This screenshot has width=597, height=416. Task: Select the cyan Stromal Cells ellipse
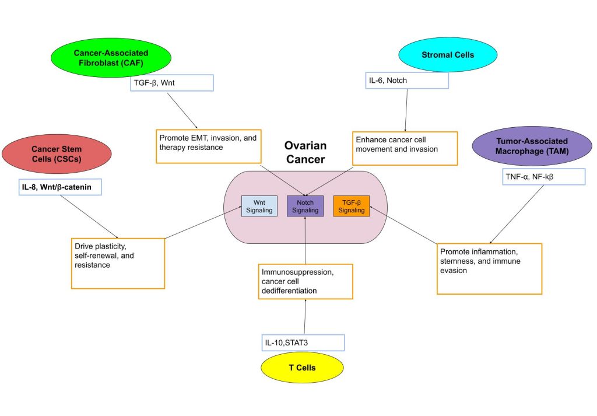(x=448, y=55)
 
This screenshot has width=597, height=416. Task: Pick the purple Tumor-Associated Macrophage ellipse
(x=526, y=146)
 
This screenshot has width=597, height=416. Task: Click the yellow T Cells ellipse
(x=303, y=368)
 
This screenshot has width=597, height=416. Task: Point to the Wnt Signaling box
(x=259, y=205)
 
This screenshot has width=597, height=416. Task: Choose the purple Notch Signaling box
(x=305, y=205)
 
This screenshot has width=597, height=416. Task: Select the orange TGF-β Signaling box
(x=352, y=205)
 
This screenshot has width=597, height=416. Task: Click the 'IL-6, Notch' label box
(x=407, y=80)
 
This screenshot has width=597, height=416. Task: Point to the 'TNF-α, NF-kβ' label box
(x=543, y=177)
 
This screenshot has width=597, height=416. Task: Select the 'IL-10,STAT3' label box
(x=303, y=342)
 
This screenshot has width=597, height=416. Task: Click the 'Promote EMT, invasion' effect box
(x=208, y=145)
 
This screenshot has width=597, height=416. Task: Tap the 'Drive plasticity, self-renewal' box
(x=118, y=263)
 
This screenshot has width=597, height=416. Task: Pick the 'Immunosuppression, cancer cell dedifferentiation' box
(x=305, y=281)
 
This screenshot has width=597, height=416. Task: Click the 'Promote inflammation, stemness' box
(x=489, y=268)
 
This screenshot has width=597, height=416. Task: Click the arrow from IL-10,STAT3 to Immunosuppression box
(x=305, y=317)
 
